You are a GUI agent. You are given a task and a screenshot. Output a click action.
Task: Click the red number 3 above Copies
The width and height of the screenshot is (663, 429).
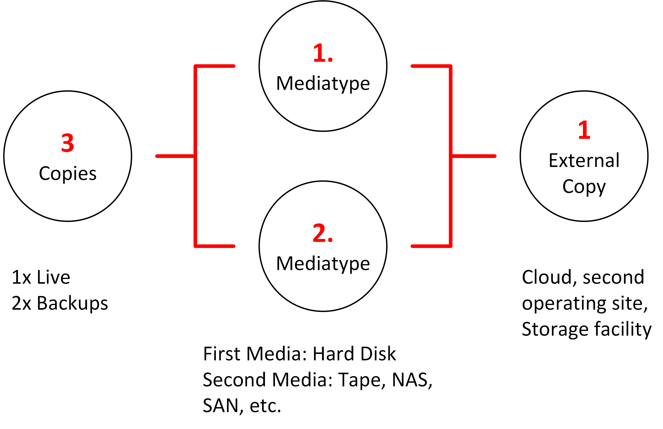point(68,143)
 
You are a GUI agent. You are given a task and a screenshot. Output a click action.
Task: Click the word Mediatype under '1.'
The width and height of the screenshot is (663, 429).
point(323,84)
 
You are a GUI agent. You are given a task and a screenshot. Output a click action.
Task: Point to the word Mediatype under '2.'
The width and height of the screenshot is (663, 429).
point(323,264)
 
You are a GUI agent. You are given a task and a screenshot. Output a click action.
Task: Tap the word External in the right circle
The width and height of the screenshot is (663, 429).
point(584,160)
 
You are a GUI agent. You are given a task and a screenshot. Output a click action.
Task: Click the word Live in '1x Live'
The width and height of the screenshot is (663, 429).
point(53,277)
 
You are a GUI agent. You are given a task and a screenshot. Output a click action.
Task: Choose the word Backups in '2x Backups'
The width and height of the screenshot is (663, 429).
point(72,303)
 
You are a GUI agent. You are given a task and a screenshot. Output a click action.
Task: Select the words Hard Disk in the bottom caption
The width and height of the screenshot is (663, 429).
point(354,354)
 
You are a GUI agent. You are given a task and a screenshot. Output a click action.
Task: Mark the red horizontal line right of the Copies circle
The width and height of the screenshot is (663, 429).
point(175,156)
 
